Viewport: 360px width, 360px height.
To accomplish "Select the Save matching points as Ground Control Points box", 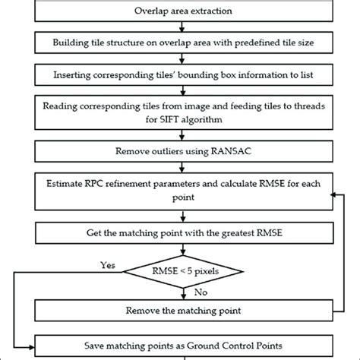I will tap(180, 343).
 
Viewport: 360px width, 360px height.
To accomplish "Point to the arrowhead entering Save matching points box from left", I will tap(33, 343).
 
